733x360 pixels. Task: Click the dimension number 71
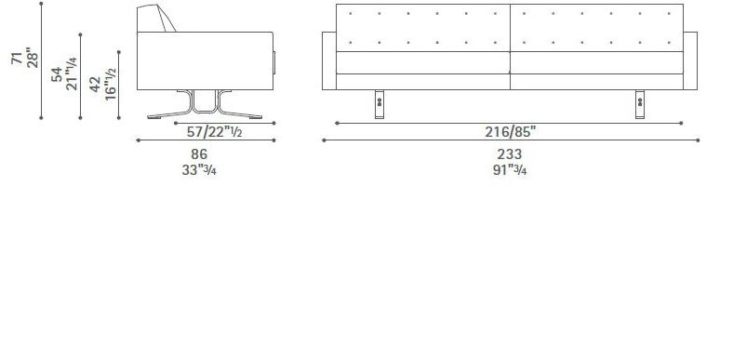point(16,58)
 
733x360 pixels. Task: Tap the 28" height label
point(33,58)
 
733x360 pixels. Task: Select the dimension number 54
point(57,74)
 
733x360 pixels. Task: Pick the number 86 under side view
point(198,153)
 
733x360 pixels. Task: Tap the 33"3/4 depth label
point(202,169)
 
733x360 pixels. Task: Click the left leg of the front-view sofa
point(381,104)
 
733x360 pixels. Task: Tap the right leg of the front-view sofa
point(640,104)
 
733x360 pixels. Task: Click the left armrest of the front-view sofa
point(328,60)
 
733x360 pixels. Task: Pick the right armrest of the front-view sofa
point(692,60)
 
